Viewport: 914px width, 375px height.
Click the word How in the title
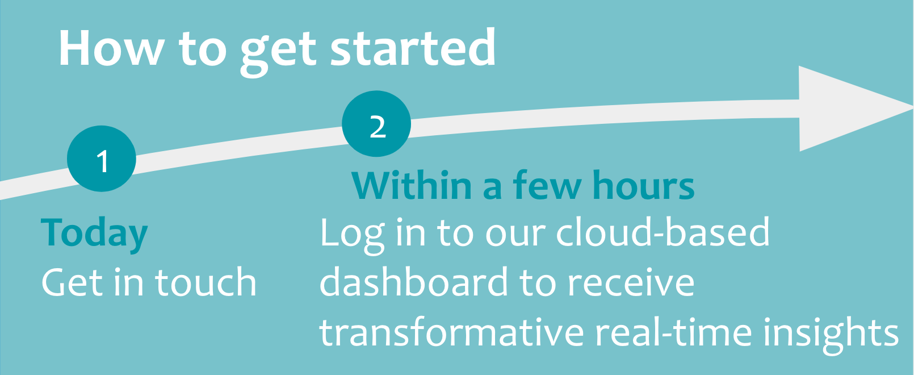pyautogui.click(x=111, y=49)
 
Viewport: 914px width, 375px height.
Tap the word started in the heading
pyautogui.click(x=413, y=49)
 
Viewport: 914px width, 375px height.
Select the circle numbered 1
pyautogui.click(x=102, y=159)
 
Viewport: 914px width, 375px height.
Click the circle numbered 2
pyautogui.click(x=376, y=124)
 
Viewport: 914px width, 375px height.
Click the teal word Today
pyautogui.click(x=94, y=234)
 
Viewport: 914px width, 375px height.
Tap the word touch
pyautogui.click(x=206, y=282)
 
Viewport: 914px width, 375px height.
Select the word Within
pyautogui.click(x=412, y=186)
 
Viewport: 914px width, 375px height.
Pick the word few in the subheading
pyautogui.click(x=547, y=186)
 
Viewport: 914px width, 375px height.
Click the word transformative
pyautogui.click(x=451, y=332)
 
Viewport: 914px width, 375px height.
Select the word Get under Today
pyautogui.click(x=73, y=282)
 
